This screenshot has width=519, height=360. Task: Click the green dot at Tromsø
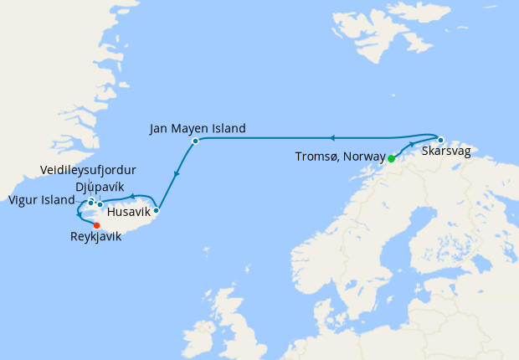pos(391,157)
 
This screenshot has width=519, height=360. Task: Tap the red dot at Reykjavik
pos(97,225)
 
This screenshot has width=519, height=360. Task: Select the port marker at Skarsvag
pos(440,140)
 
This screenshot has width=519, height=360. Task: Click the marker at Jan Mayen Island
pos(195,141)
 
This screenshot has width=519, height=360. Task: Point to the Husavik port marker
pos(156,210)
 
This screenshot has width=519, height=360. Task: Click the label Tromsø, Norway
pos(341,157)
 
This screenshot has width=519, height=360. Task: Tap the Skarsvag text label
pos(446,152)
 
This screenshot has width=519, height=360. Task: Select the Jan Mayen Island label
pos(198,129)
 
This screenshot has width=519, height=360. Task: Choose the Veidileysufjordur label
pos(88,171)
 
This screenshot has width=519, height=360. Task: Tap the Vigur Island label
pos(41,200)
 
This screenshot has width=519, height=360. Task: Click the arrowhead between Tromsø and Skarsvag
pos(412,145)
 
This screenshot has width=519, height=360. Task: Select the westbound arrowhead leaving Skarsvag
pos(331,138)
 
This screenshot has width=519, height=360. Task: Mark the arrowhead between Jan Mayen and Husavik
pos(177,175)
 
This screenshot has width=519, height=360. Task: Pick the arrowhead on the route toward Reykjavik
pos(79,214)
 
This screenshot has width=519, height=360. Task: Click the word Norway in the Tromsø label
pos(362,157)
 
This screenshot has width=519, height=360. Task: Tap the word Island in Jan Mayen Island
pos(227,129)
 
